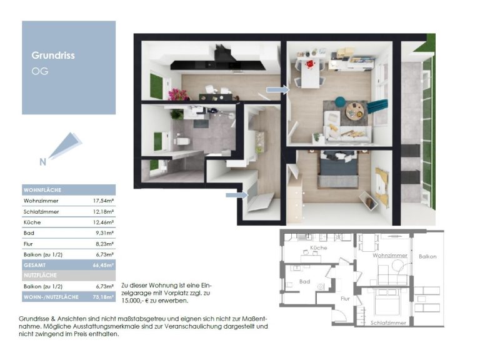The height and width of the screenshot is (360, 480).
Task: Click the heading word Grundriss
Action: click(x=53, y=56)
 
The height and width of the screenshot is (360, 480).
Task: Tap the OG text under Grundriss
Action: click(x=40, y=71)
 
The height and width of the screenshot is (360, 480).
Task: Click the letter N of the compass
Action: click(x=43, y=162)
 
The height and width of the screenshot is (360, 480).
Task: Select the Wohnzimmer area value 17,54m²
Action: click(x=104, y=201)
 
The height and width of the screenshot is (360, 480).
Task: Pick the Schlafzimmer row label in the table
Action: click(x=41, y=211)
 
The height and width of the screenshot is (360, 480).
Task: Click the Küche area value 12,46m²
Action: click(x=104, y=222)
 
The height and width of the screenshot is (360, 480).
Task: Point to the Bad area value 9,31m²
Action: click(x=105, y=233)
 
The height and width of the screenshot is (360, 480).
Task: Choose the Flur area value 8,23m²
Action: click(x=105, y=244)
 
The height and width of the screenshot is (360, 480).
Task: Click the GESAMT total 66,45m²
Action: click(x=104, y=265)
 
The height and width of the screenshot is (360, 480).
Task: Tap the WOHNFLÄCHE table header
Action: click(x=42, y=190)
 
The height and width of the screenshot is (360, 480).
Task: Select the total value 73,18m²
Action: click(x=104, y=297)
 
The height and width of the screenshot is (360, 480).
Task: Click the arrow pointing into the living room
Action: click(x=277, y=90)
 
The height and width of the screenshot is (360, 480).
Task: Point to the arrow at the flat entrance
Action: click(x=237, y=195)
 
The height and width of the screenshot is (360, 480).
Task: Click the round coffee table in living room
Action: click(x=355, y=111)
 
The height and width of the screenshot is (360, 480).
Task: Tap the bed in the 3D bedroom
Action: click(x=338, y=169)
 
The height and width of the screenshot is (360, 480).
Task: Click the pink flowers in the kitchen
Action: click(x=178, y=94)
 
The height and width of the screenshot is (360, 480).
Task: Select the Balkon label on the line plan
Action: click(x=427, y=256)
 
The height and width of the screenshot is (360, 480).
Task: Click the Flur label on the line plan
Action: click(x=345, y=299)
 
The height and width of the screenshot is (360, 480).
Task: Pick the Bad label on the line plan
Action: click(x=304, y=281)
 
